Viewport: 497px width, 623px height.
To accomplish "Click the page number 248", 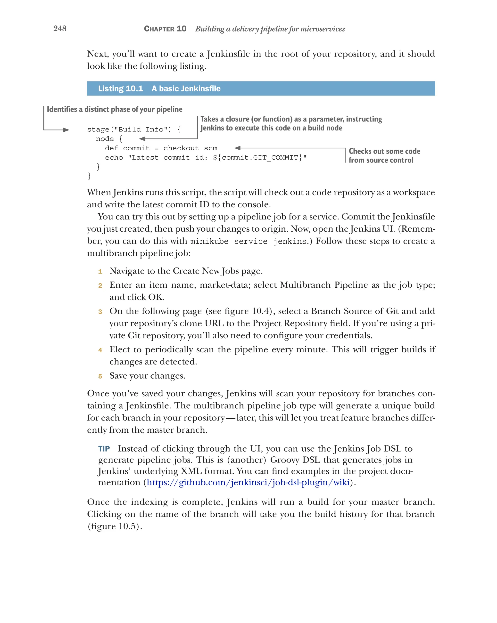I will (60, 28).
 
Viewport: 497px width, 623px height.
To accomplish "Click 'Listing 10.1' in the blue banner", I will (121, 89).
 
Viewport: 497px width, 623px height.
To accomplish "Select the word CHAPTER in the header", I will (159, 29).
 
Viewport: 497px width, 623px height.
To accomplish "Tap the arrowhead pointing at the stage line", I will (66, 130).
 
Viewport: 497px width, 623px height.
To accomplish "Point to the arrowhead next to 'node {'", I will (142, 139).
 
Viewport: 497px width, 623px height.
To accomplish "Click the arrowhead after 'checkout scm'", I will (238, 148).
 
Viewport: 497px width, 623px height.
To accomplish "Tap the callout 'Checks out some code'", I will (384, 151).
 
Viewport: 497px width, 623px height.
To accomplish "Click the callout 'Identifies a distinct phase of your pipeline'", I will (115, 109).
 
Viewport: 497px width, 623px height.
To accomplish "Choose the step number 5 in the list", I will (100, 376).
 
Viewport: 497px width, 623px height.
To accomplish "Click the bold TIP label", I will (104, 449).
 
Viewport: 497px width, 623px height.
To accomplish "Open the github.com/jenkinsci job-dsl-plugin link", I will (248, 482).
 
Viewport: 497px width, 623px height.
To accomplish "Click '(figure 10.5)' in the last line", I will (115, 526).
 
